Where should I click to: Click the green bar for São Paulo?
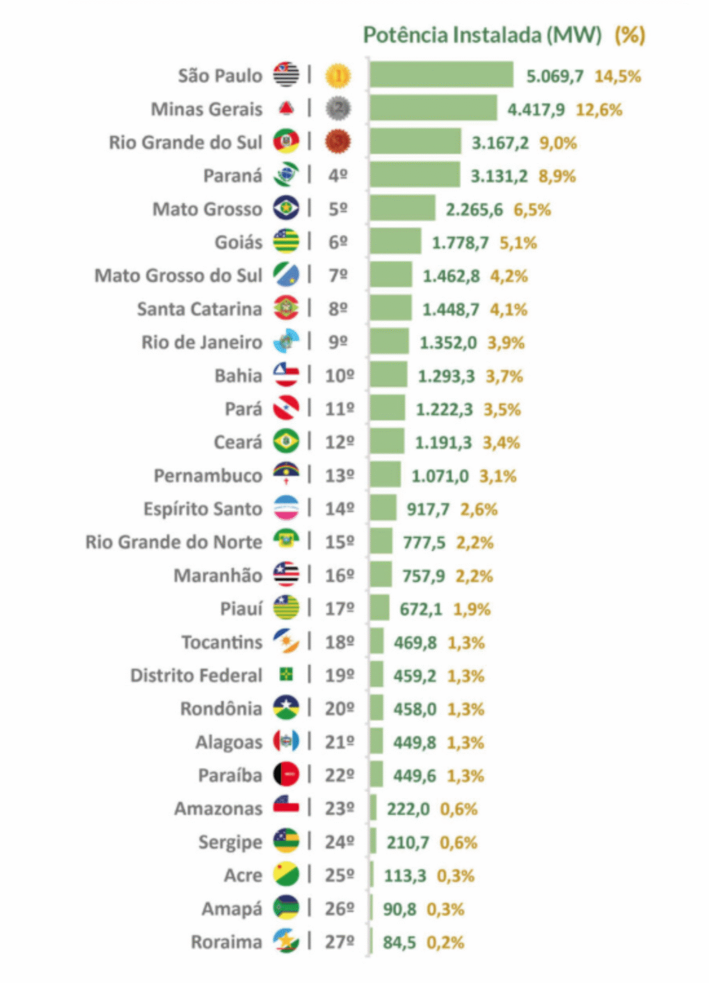pyautogui.click(x=441, y=75)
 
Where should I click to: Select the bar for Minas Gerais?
pyautogui.click(x=433, y=108)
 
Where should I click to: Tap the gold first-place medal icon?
pyautogui.click(x=338, y=76)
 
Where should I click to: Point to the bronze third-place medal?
pyautogui.click(x=338, y=142)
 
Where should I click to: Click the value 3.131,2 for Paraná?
pyautogui.click(x=499, y=176)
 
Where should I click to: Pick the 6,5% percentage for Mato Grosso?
pyautogui.click(x=532, y=209)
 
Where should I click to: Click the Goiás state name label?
pyautogui.click(x=238, y=243)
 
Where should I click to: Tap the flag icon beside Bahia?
pyautogui.click(x=286, y=375)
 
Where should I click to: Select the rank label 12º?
pyautogui.click(x=339, y=442)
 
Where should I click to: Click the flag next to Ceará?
pyautogui.click(x=286, y=442)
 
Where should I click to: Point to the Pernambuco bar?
pyautogui.click(x=385, y=475)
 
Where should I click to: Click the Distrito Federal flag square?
pyautogui.click(x=286, y=674)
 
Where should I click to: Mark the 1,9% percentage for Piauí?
pyautogui.click(x=472, y=609)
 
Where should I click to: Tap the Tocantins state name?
pyautogui.click(x=221, y=642)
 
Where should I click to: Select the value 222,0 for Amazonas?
pyautogui.click(x=408, y=809)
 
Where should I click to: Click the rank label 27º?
pyautogui.click(x=339, y=942)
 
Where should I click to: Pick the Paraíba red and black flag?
pyautogui.click(x=286, y=774)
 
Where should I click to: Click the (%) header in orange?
pyautogui.click(x=630, y=35)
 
